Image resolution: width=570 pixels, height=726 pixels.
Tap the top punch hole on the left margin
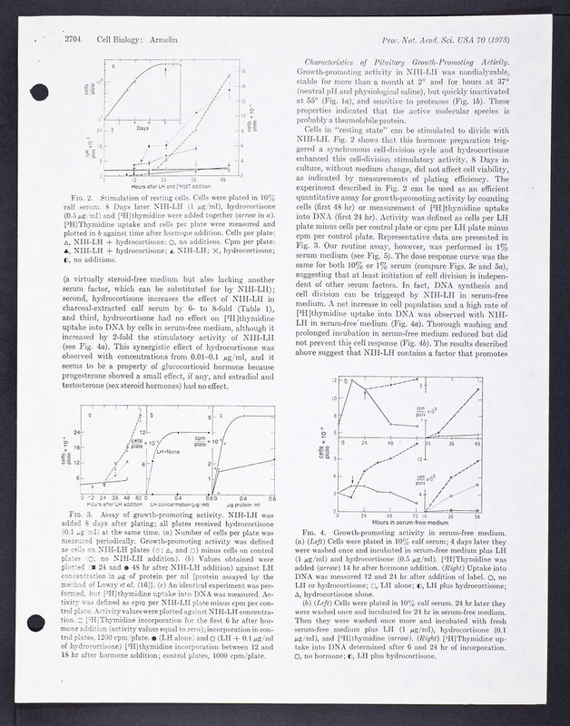pyautogui.click(x=38, y=92)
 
